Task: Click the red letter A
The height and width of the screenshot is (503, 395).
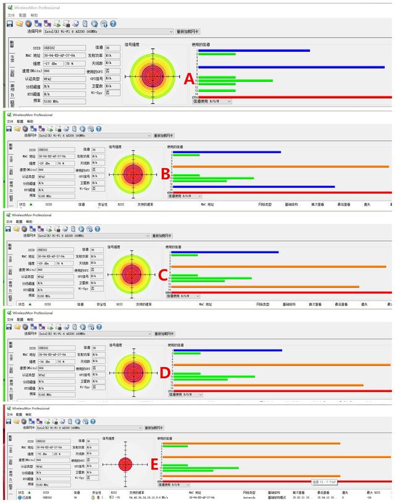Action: click(189, 78)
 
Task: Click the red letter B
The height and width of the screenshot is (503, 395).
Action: click(165, 174)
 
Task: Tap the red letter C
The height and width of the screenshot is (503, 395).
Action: click(164, 274)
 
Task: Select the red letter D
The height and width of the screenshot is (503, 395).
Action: click(164, 371)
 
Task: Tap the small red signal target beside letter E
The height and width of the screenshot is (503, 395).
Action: click(125, 464)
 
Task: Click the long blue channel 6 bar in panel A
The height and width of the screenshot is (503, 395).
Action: click(290, 67)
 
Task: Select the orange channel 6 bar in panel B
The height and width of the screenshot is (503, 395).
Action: click(281, 166)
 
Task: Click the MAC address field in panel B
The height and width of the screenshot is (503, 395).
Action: click(56, 157)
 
